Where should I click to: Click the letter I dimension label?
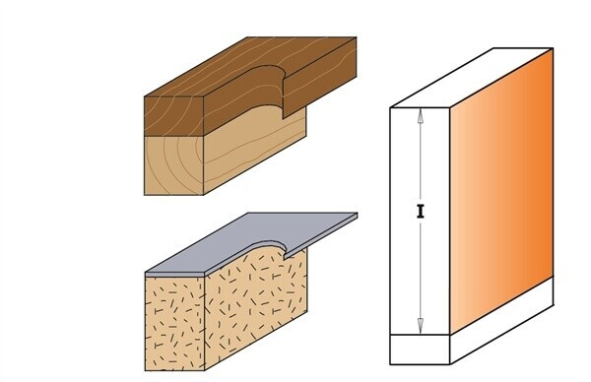421,212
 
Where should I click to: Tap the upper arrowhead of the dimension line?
421,115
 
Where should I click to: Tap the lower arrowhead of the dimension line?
421,326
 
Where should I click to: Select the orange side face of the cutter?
501,190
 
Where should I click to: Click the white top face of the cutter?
471,78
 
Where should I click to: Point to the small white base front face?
420,350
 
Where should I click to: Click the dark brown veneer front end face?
174,116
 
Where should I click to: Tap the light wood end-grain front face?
174,165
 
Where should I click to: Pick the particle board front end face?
174,323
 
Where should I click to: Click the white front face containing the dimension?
420,222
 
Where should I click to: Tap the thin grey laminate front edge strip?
175,275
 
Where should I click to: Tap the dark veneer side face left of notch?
241,101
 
